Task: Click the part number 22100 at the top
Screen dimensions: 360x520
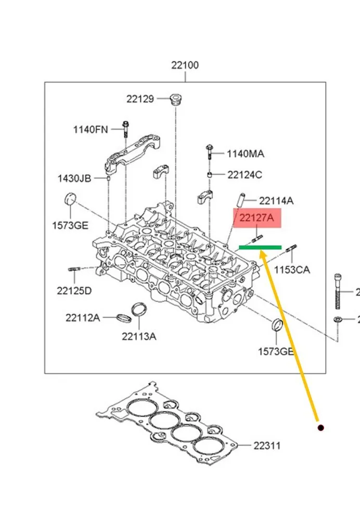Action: pos(185,65)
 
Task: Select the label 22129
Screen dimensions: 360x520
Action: pos(140,99)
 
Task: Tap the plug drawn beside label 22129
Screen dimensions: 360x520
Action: pos(175,99)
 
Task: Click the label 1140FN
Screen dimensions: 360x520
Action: pos(91,129)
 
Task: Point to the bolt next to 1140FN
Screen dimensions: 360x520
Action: pos(126,129)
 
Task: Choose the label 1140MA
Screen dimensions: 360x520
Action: pos(246,153)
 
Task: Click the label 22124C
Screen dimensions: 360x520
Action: pos(245,175)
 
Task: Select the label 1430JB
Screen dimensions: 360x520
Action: pos(74,178)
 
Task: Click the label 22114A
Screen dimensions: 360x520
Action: pos(276,201)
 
